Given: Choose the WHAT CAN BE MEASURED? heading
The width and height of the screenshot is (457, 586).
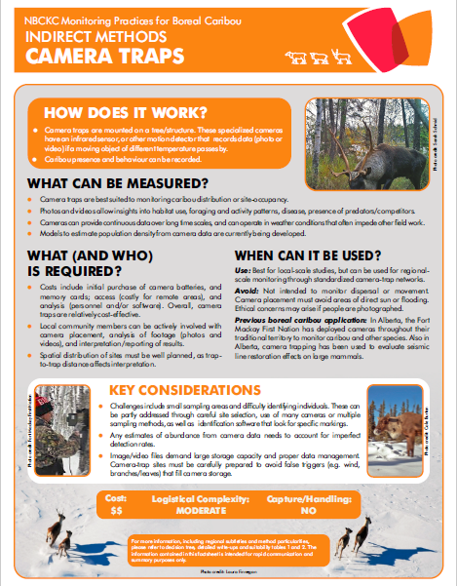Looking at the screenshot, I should (117, 182).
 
